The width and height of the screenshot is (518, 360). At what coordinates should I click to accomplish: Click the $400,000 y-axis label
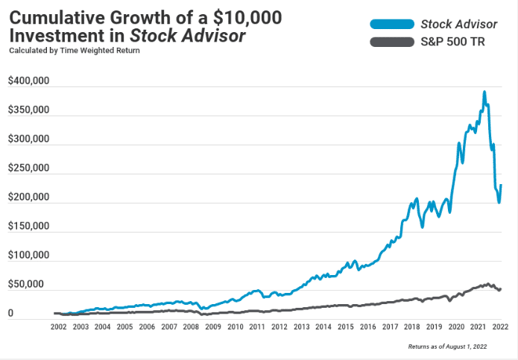tap(28, 81)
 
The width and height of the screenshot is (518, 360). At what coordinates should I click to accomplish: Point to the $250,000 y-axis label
tap(28, 168)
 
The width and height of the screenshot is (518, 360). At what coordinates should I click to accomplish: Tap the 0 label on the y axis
tap(10, 314)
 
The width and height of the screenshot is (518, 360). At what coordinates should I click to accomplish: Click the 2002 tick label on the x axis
tap(60, 327)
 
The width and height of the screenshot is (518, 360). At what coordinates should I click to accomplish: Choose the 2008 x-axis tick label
tap(192, 327)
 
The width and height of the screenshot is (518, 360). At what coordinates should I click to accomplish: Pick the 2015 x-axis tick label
tap(346, 327)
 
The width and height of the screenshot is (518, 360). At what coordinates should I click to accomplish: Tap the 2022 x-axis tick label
tap(500, 327)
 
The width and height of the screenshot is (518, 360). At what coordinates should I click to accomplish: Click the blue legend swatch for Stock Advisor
tap(394, 24)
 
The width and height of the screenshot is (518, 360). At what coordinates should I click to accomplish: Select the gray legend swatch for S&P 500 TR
tap(394, 42)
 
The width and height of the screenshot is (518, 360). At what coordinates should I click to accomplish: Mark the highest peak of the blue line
tap(484, 92)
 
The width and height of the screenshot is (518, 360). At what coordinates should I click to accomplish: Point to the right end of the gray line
tap(501, 288)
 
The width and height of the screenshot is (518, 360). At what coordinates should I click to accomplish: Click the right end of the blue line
tap(502, 185)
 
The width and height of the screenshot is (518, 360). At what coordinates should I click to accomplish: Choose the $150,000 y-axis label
tap(28, 227)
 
